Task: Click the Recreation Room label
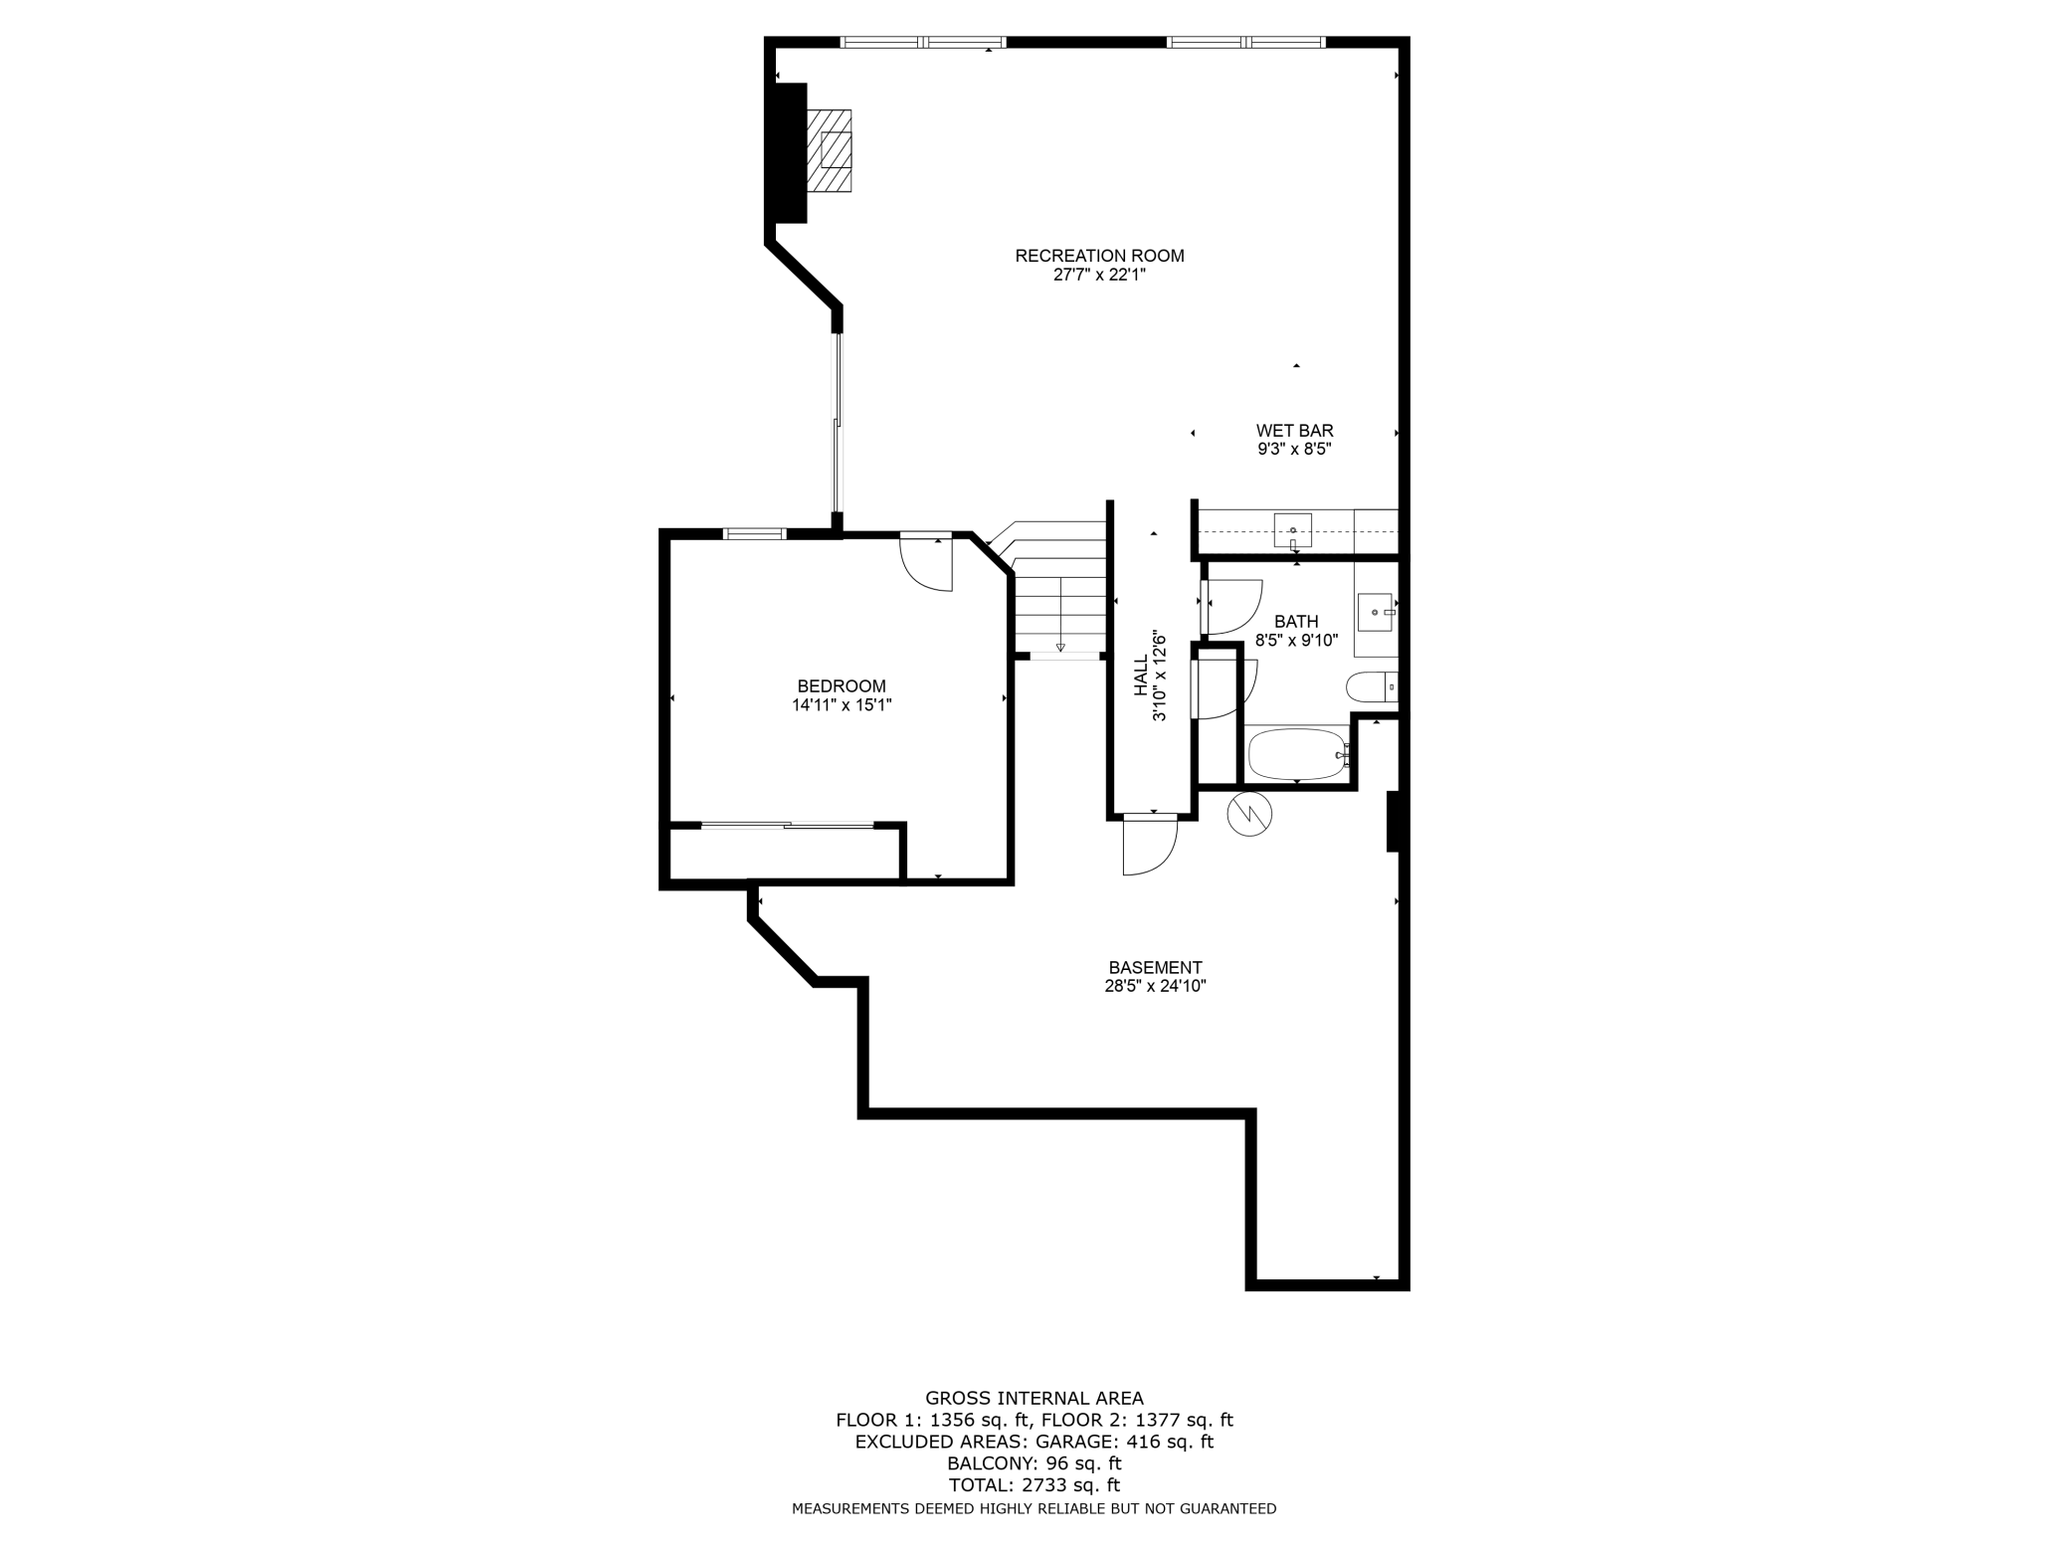click(1099, 256)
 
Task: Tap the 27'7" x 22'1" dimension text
click(1099, 276)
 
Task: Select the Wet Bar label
click(1294, 431)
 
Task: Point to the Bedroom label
click(842, 686)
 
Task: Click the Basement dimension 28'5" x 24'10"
click(1155, 986)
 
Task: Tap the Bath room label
click(1296, 622)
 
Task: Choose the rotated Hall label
click(1141, 677)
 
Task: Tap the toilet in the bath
click(1369, 686)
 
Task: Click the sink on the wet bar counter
click(1292, 530)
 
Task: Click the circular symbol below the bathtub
click(1250, 814)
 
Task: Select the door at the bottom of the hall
click(1149, 846)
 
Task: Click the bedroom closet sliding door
click(787, 825)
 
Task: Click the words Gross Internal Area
click(1034, 1398)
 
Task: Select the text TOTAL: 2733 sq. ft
click(1034, 1485)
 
